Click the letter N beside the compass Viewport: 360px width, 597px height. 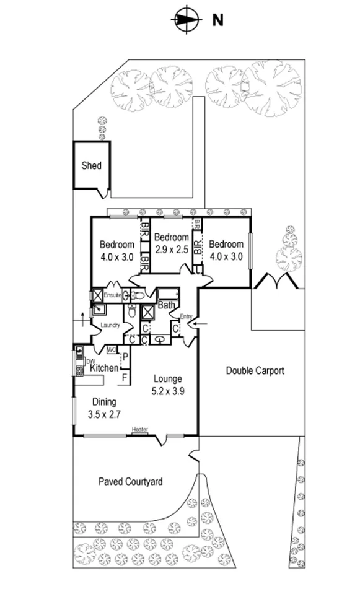tap(217, 20)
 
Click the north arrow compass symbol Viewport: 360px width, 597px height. tap(186, 19)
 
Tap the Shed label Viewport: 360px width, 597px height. tap(91, 166)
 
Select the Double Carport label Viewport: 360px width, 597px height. tap(255, 371)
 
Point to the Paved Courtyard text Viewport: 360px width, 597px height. tap(130, 481)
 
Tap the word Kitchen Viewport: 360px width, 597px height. tap(104, 368)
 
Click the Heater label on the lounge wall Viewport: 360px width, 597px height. tap(139, 429)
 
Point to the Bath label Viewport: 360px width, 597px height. tap(165, 305)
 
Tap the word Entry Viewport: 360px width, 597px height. tap(186, 316)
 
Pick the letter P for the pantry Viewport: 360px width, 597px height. tap(125, 357)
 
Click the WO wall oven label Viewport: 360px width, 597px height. tap(112, 350)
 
